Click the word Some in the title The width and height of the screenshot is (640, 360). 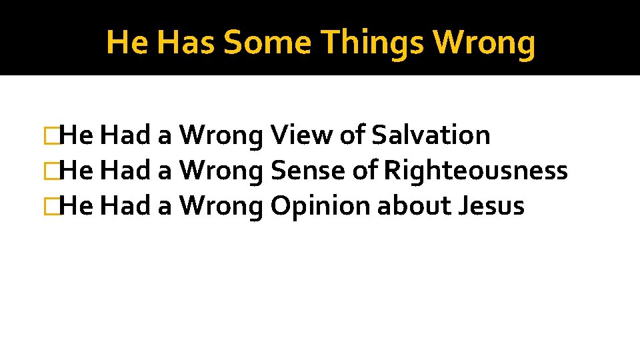pyautogui.click(x=267, y=43)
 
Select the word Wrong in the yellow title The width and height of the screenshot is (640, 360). pyautogui.click(x=484, y=43)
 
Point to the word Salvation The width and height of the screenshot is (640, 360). pyautogui.click(x=431, y=135)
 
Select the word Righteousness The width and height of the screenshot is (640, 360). pyautogui.click(x=476, y=171)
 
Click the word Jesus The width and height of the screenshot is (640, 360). pyautogui.click(x=492, y=206)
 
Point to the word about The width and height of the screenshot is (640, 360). pyautogui.click(x=414, y=206)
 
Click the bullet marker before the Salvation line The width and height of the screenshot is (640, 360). pyautogui.click(x=48, y=136)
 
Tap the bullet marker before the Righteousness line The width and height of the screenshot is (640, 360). pyautogui.click(x=48, y=171)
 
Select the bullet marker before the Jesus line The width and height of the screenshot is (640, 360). pyautogui.click(x=48, y=207)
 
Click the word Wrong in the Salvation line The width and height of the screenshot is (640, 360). pyautogui.click(x=222, y=135)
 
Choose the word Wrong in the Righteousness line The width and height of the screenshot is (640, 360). pyautogui.click(x=222, y=171)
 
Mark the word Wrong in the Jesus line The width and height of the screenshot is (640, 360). pyautogui.click(x=222, y=206)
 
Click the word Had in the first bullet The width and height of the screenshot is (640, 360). pyautogui.click(x=127, y=135)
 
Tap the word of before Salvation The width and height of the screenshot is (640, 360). pyautogui.click(x=351, y=135)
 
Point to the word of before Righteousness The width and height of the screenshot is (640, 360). pyautogui.click(x=365, y=171)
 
